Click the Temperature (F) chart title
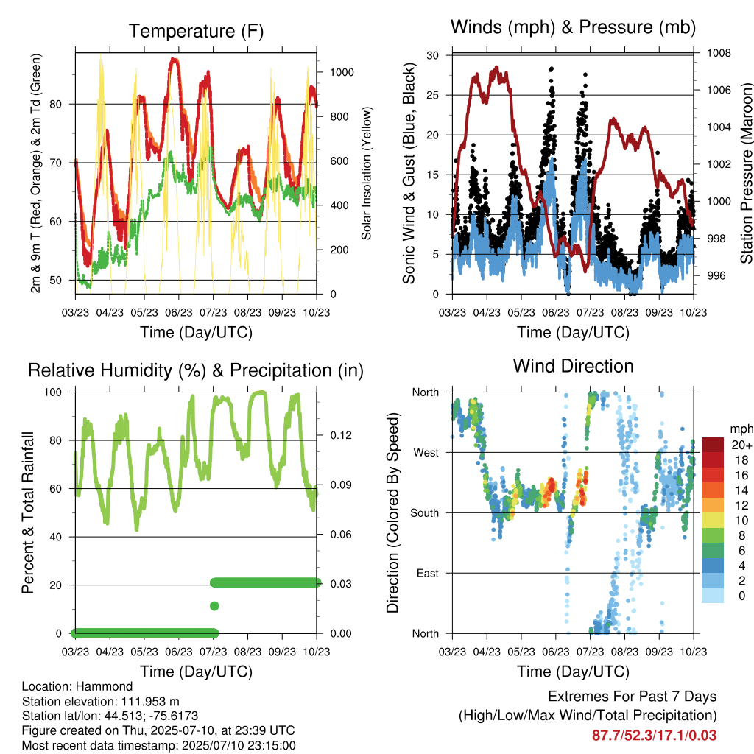click(x=196, y=31)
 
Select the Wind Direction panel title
click(x=573, y=366)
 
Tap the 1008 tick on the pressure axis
click(x=719, y=53)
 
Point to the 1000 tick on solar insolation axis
click(x=342, y=72)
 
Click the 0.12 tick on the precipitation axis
click(x=341, y=435)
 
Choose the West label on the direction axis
click(x=426, y=453)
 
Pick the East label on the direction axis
click(x=428, y=573)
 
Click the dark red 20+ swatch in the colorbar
click(x=713, y=445)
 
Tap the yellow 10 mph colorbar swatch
click(x=713, y=520)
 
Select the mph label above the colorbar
click(x=741, y=429)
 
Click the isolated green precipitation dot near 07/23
click(x=214, y=606)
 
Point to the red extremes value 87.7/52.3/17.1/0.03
click(x=654, y=736)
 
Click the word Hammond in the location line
click(x=105, y=686)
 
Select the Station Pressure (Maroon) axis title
click(x=746, y=173)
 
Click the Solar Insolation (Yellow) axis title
click(x=367, y=173)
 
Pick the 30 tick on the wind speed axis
click(x=432, y=55)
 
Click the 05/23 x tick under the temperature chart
click(x=144, y=312)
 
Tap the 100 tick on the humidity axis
click(x=53, y=392)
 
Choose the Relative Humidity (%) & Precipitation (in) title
click(x=196, y=370)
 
